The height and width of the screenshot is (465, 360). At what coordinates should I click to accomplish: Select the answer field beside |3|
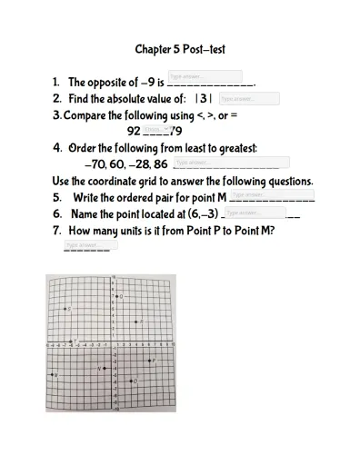coord(249,98)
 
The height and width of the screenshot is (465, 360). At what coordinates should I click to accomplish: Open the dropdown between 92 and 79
coord(154,130)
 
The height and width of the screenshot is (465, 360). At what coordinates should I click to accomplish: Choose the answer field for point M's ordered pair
coord(271,194)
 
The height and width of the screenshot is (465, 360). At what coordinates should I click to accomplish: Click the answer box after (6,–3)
coord(254,213)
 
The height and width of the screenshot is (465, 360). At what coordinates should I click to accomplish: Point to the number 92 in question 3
coord(134,132)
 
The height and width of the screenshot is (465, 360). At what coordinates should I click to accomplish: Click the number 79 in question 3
coord(175,132)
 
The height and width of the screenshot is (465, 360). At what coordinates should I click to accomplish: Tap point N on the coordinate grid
coord(104,368)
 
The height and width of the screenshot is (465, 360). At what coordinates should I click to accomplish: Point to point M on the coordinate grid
coord(53,374)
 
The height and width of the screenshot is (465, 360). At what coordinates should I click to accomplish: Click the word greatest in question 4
coord(233,148)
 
